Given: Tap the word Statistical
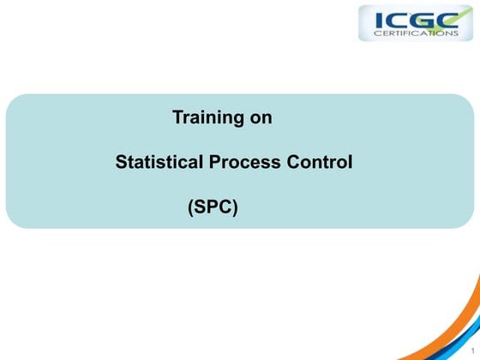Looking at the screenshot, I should tap(159, 162).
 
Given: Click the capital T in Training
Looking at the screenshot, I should tap(178, 118).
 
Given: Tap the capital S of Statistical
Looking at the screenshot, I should tap(121, 162).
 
